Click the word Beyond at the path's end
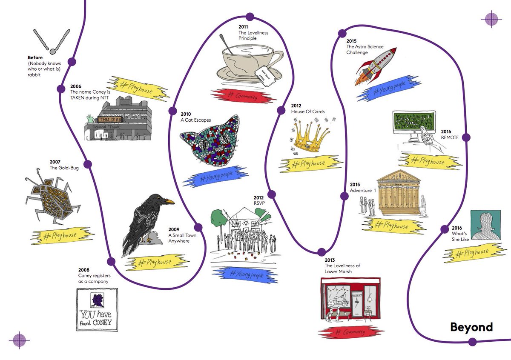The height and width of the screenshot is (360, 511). coord(471,327)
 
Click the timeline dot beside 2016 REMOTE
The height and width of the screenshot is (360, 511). coord(466,137)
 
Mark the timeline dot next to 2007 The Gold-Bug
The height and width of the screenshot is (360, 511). coord(88,164)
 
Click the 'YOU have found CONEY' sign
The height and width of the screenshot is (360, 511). coord(97,309)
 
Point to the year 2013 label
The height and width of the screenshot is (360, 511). coord(330,260)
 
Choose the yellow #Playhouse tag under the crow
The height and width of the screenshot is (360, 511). coord(153,263)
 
